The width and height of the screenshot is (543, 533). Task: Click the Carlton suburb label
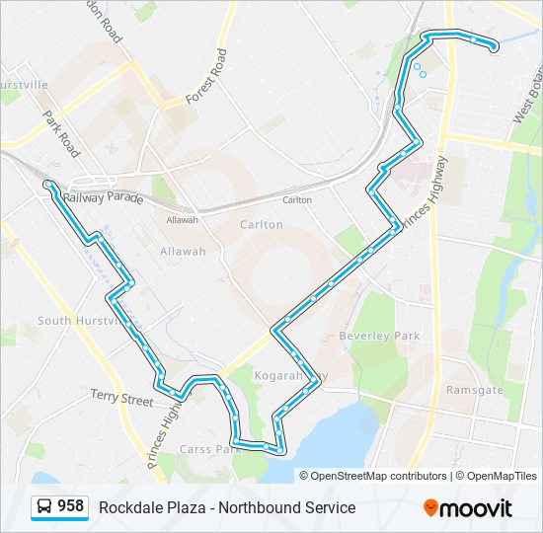tap(262, 225)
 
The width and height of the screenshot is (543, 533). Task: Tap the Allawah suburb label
tap(183, 252)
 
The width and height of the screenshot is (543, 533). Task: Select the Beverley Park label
tap(379, 336)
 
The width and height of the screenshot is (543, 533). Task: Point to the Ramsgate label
tap(475, 390)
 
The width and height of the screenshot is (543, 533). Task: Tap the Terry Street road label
tap(122, 398)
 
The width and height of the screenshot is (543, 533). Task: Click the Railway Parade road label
tap(103, 198)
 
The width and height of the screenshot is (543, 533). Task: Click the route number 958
tap(70, 506)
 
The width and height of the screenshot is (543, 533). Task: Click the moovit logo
tap(468, 507)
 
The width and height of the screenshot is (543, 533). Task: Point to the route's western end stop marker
tap(48, 185)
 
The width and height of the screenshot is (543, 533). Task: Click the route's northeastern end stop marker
tap(493, 45)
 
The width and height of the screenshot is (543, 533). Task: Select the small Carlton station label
tap(297, 200)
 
